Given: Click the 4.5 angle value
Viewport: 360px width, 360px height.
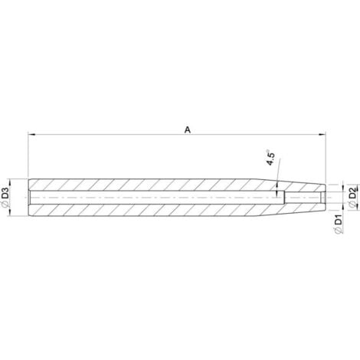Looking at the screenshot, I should point(270,159).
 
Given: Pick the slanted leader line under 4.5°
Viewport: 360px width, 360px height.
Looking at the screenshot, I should point(278,172).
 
